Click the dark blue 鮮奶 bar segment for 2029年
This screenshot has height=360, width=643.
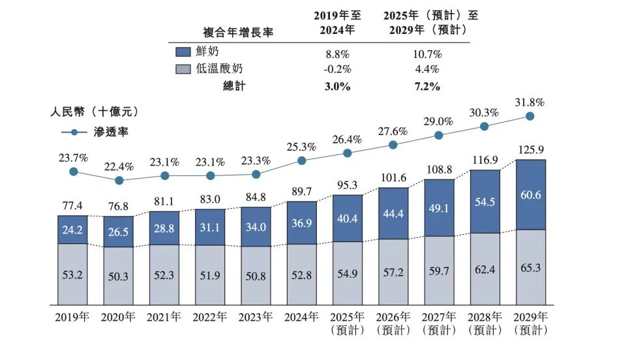530,194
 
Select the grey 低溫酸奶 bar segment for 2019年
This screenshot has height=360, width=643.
74,274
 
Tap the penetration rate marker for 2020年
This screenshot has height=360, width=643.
119,180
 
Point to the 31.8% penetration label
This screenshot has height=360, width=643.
530,102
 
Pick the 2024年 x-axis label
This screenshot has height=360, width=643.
301,318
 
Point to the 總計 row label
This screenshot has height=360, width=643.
233,86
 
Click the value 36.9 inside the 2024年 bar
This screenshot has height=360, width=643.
302,223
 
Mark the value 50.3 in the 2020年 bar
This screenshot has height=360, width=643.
119,277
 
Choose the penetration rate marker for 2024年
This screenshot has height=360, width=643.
302,160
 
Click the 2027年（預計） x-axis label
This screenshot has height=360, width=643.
438,323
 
